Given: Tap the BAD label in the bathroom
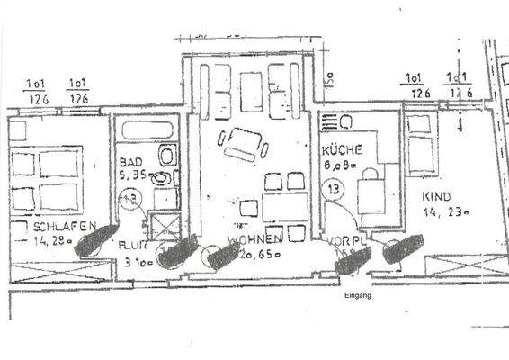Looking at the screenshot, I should point(130,165).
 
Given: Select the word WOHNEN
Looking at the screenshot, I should point(255,239).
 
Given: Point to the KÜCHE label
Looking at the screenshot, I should point(342,150).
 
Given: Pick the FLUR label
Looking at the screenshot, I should point(131,243).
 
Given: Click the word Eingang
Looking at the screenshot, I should point(358,295).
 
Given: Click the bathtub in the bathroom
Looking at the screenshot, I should point(148,130).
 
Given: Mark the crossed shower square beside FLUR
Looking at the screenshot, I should point(167,222).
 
